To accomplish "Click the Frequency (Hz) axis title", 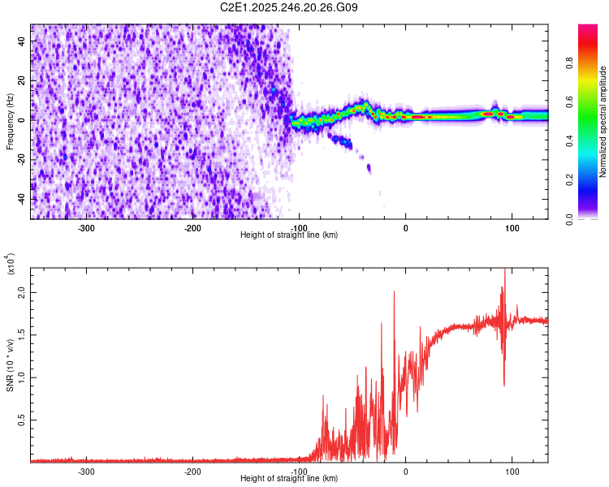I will pyautogui.click(x=10, y=122).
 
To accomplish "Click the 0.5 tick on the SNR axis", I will pyautogui.click(x=21, y=420).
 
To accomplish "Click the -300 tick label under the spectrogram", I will pyautogui.click(x=86, y=228).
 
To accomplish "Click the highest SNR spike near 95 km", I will pyautogui.click(x=506, y=270).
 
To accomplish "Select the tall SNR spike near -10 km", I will pyautogui.click(x=395, y=292).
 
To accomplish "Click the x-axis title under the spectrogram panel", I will pyautogui.click(x=289, y=235).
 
